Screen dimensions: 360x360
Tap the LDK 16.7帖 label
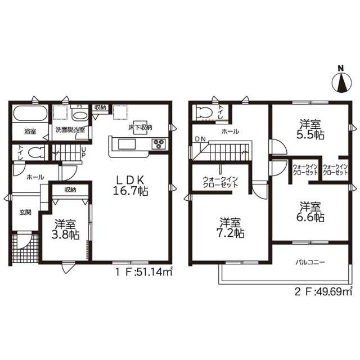tap(130, 186)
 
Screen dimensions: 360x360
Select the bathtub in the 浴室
tap(30, 114)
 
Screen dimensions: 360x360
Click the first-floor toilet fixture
tap(35, 152)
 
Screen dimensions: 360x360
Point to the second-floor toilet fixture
tap(205, 112)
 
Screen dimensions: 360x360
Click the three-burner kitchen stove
tap(159, 144)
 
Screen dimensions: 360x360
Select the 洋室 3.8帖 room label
tap(65, 229)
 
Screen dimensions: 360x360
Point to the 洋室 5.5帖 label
tap(310, 129)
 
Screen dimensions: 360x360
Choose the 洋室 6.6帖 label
tap(310, 212)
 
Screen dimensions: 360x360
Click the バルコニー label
tap(310, 262)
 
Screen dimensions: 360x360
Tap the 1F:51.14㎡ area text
tap(144, 272)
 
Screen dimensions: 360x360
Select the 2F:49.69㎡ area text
tap(323, 291)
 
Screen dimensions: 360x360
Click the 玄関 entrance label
tap(25, 212)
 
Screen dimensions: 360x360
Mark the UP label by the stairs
tap(84, 152)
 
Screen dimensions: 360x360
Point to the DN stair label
tap(200, 139)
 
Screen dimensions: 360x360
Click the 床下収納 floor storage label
tap(140, 128)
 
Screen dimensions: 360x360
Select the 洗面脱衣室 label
tap(70, 130)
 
